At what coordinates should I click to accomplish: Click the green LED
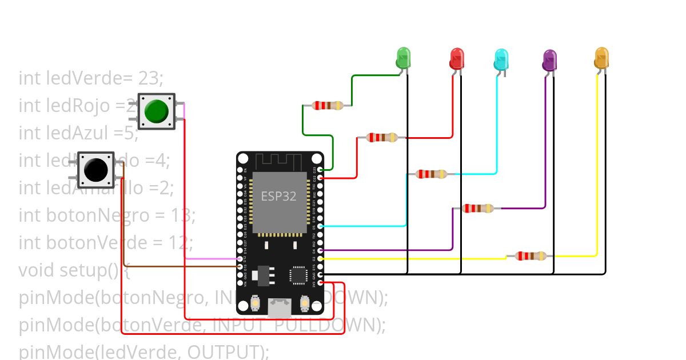pyautogui.click(x=404, y=58)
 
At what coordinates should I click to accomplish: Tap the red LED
pyautogui.click(x=457, y=58)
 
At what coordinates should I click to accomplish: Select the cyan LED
pyautogui.click(x=501, y=59)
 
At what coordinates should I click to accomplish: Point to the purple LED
pyautogui.click(x=549, y=60)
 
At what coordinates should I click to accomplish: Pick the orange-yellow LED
pyautogui.click(x=601, y=58)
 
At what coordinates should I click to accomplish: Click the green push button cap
pyautogui.click(x=156, y=111)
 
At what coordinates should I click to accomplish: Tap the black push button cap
pyautogui.click(x=95, y=169)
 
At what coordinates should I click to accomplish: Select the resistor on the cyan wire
pyautogui.click(x=432, y=174)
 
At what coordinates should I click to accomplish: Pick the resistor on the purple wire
pyautogui.click(x=478, y=209)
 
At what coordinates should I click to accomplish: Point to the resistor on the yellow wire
pyautogui.click(x=531, y=256)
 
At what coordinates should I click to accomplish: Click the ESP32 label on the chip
pyautogui.click(x=279, y=196)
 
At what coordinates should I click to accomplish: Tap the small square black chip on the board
pyautogui.click(x=299, y=275)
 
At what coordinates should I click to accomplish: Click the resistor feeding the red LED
pyautogui.click(x=382, y=137)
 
